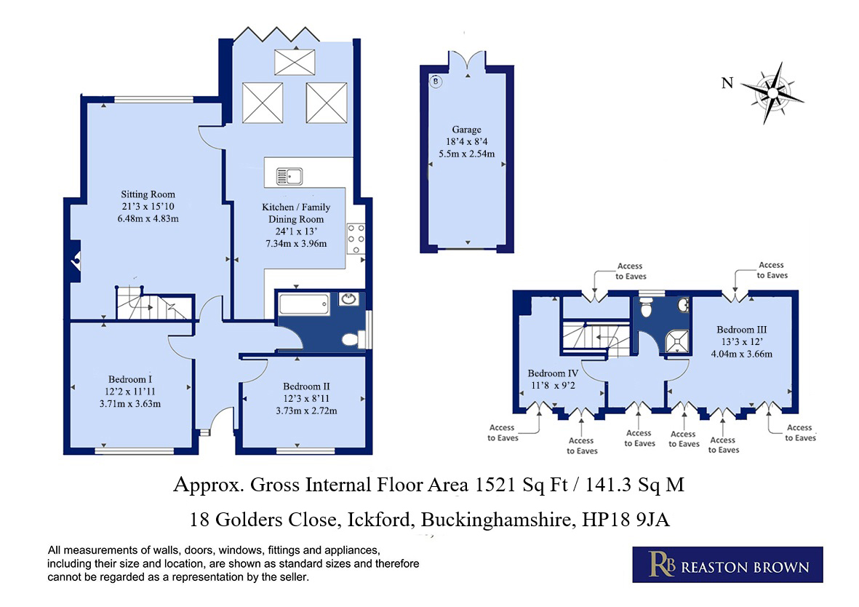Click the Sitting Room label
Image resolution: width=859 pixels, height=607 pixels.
pyautogui.click(x=148, y=194)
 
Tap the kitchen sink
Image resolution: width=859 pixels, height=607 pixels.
pyautogui.click(x=289, y=177)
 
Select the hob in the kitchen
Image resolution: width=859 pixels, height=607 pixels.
pyautogui.click(x=356, y=239)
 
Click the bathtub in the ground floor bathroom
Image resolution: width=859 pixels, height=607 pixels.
pyautogui.click(x=304, y=303)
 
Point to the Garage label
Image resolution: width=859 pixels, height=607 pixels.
pyautogui.click(x=467, y=130)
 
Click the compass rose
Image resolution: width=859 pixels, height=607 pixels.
pyautogui.click(x=772, y=92)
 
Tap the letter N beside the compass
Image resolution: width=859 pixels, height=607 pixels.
pyautogui.click(x=727, y=83)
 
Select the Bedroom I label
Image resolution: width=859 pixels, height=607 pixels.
pyautogui.click(x=130, y=379)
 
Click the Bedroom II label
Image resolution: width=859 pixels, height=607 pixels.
pyautogui.click(x=306, y=386)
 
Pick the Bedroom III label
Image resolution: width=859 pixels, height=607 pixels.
pyautogui.click(x=742, y=330)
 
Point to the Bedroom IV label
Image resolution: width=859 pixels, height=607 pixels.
pyautogui.click(x=553, y=373)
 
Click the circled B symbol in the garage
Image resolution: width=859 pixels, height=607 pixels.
pyautogui.click(x=436, y=82)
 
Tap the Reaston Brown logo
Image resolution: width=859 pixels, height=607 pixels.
pyautogui.click(x=727, y=564)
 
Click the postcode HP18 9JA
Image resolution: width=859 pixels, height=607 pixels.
pyautogui.click(x=626, y=519)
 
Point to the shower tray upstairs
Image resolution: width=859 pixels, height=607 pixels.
pyautogui.click(x=677, y=341)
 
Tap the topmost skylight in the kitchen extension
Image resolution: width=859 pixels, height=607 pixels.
pyautogui.click(x=295, y=62)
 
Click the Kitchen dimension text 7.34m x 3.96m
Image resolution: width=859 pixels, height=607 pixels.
pyautogui.click(x=296, y=244)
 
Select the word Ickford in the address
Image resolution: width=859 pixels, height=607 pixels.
pyautogui.click(x=380, y=519)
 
